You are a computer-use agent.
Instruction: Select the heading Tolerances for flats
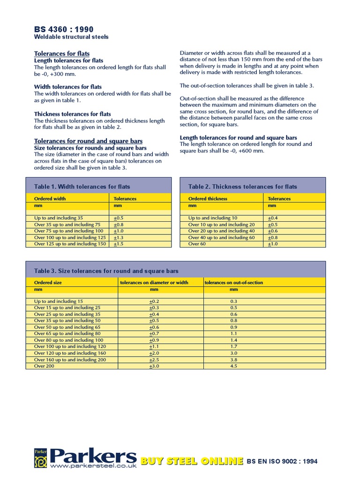(62, 53)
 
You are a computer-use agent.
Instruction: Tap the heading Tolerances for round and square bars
(89, 141)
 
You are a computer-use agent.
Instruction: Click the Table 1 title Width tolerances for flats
(82, 187)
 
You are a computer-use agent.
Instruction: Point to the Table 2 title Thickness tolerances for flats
(242, 187)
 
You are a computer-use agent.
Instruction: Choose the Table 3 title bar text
(106, 271)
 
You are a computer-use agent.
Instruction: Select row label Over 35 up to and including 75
(67, 225)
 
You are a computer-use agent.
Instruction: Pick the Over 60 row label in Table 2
(197, 244)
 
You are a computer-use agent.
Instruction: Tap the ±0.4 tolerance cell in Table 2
(272, 218)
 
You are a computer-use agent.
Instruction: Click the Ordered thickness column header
(208, 199)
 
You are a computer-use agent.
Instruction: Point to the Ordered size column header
(48, 283)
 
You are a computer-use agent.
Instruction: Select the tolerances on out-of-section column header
(234, 283)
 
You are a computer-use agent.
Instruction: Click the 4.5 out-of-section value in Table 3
(234, 366)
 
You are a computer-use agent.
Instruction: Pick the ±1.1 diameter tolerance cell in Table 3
(154, 346)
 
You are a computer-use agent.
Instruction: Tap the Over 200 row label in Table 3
(45, 366)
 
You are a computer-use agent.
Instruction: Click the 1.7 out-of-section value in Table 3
(234, 346)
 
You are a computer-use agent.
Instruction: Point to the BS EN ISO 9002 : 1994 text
(282, 461)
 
